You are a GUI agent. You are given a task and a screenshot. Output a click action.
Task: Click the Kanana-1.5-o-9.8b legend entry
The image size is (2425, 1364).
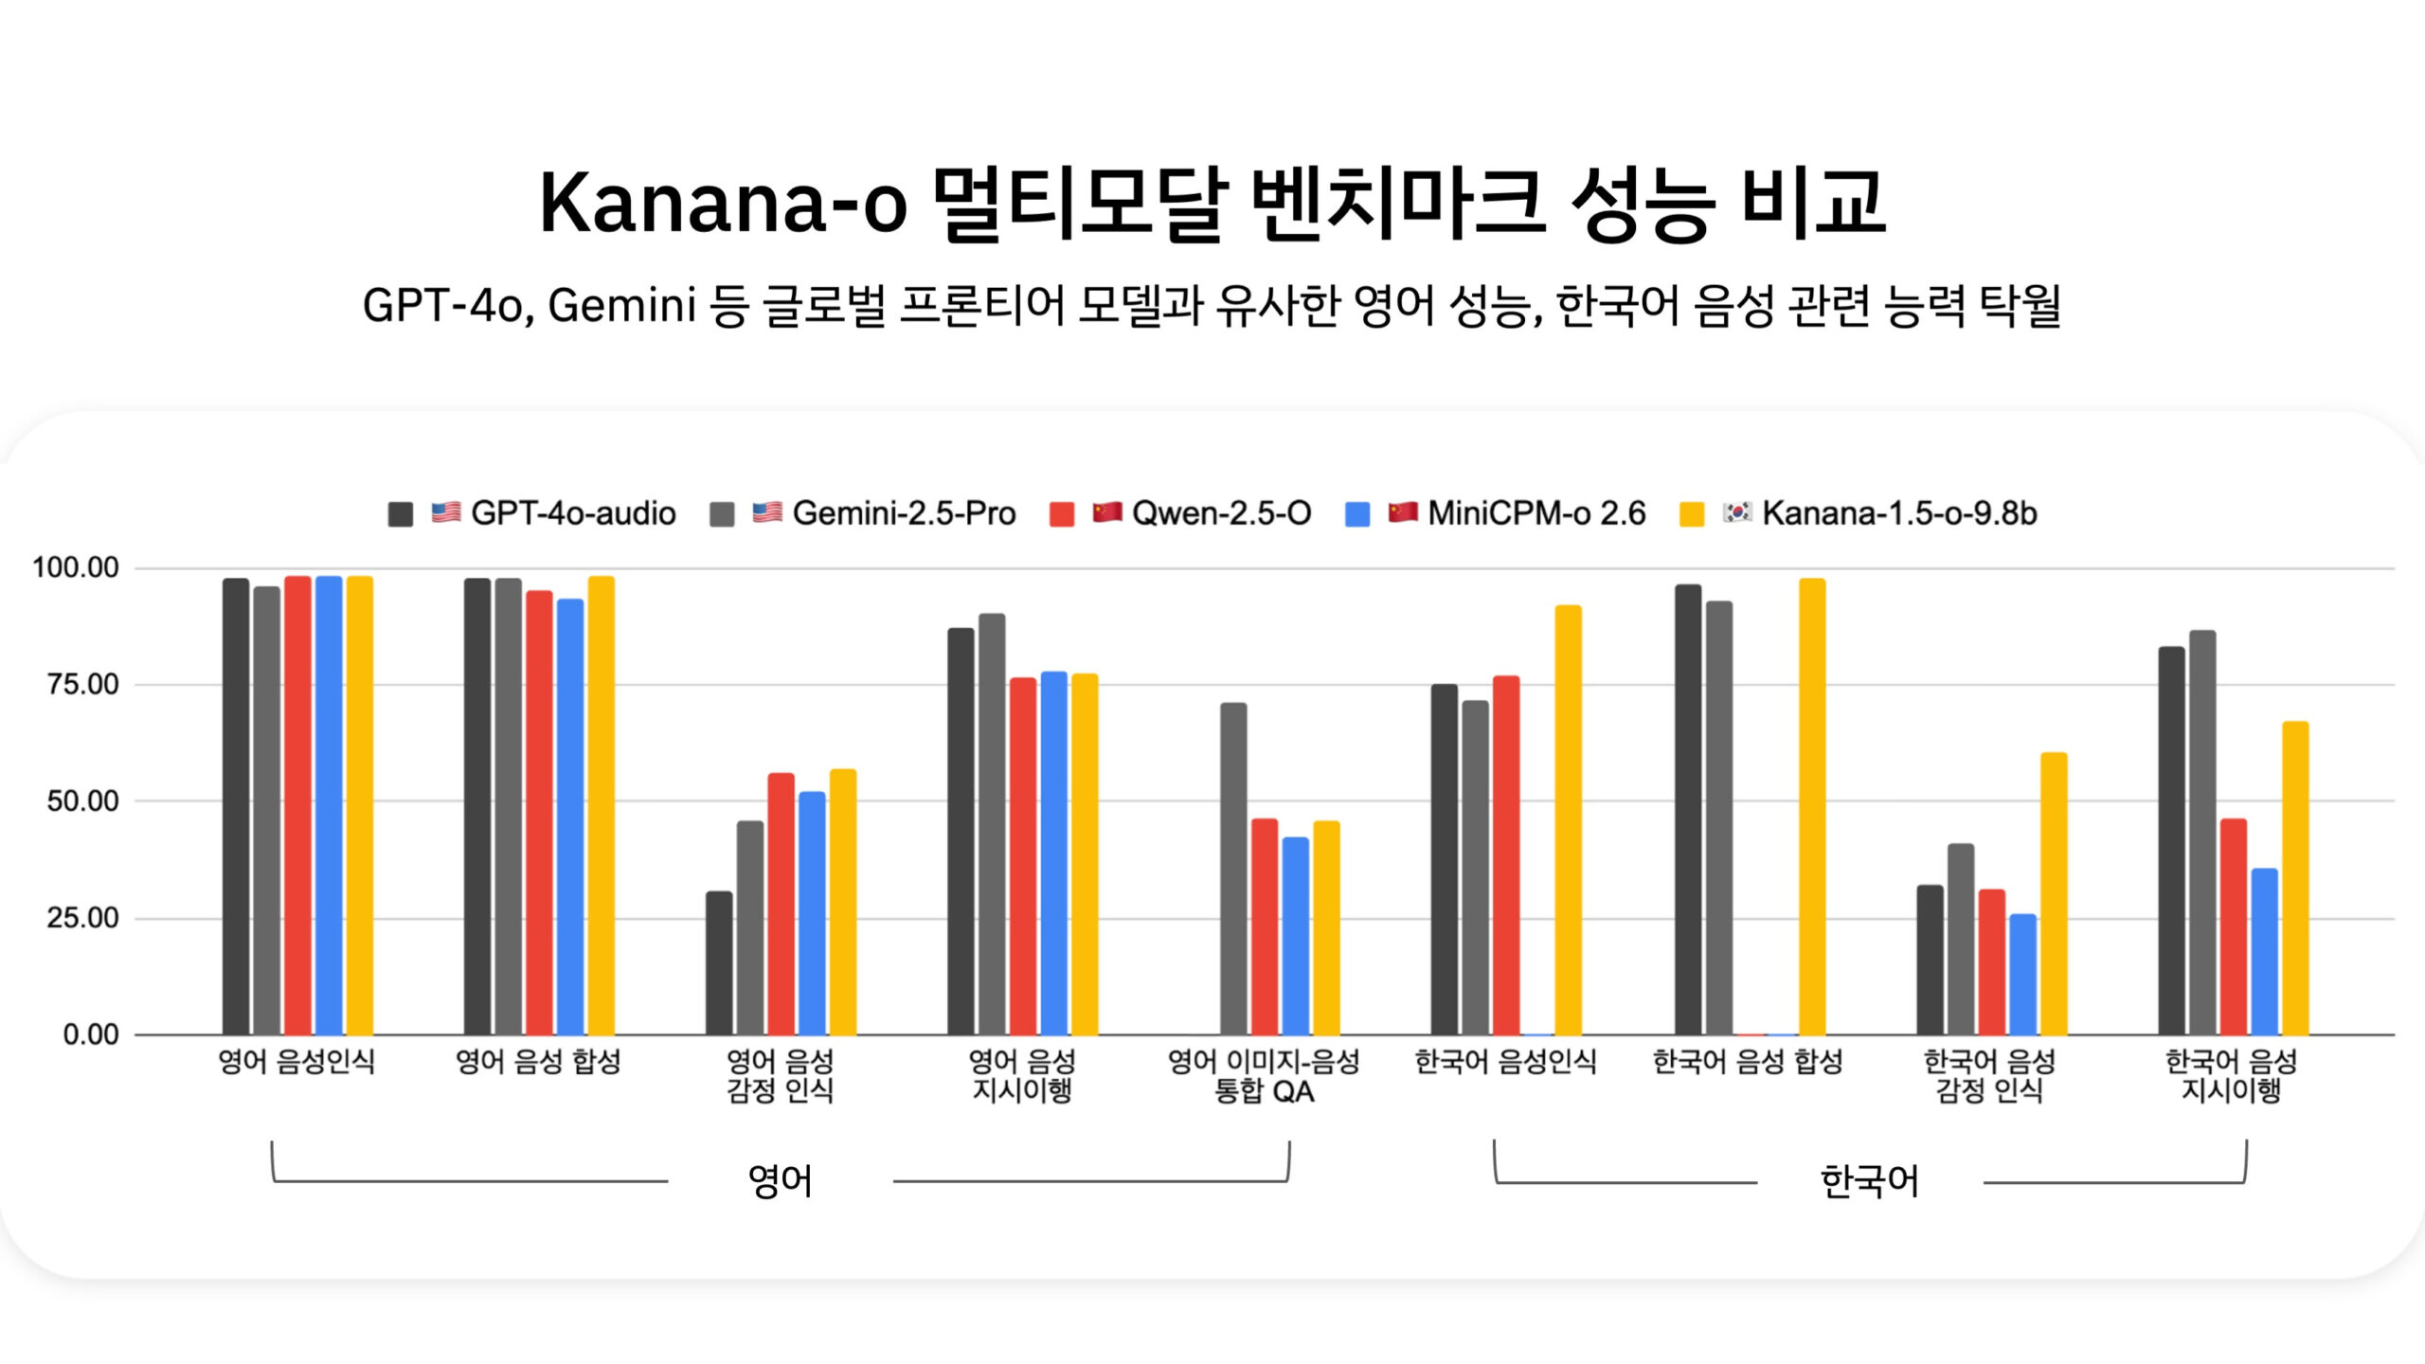pyautogui.click(x=1898, y=513)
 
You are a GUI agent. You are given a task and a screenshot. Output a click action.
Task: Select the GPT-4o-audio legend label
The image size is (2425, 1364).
pyautogui.click(x=572, y=513)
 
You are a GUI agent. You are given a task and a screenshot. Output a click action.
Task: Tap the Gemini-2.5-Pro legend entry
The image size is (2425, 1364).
pyautogui.click(x=903, y=513)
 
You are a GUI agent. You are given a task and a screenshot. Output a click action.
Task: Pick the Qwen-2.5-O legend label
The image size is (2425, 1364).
pyautogui.click(x=1221, y=513)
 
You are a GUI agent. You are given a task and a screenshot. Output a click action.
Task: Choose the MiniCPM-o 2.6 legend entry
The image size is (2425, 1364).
pyautogui.click(x=1536, y=513)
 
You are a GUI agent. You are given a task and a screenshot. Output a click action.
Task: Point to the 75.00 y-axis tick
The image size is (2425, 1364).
pyautogui.click(x=83, y=684)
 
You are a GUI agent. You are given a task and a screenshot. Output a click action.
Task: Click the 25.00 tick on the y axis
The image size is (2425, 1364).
pyautogui.click(x=83, y=917)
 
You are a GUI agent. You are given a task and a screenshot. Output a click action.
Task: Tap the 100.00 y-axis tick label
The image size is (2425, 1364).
pyautogui.click(x=76, y=567)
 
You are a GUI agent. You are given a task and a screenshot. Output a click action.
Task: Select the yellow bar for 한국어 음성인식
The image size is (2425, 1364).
pyautogui.click(x=1568, y=819)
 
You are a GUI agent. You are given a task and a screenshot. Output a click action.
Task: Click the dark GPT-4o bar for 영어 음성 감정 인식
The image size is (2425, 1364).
pyautogui.click(x=719, y=962)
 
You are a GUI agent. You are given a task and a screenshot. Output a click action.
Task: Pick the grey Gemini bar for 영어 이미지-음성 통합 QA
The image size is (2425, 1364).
pyautogui.click(x=1233, y=868)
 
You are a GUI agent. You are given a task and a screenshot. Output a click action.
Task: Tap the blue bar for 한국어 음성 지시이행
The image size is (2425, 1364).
pyautogui.click(x=2264, y=951)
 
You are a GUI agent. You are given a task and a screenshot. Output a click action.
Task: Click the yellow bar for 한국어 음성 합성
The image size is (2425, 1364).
pyautogui.click(x=1812, y=806)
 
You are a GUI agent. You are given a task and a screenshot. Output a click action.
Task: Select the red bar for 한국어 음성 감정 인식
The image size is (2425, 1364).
pyautogui.click(x=1991, y=961)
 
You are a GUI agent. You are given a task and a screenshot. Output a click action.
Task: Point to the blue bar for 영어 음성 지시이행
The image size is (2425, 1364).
pyautogui.click(x=1053, y=852)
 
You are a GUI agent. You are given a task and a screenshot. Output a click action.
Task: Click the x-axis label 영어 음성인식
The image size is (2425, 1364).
pyautogui.click(x=296, y=1062)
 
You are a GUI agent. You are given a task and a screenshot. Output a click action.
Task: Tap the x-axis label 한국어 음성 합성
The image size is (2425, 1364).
pyautogui.click(x=1748, y=1062)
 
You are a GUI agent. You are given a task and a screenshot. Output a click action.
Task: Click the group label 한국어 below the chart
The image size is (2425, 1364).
pyautogui.click(x=1869, y=1181)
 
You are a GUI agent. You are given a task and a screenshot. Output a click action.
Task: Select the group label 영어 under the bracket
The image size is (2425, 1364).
pyautogui.click(x=780, y=1181)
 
